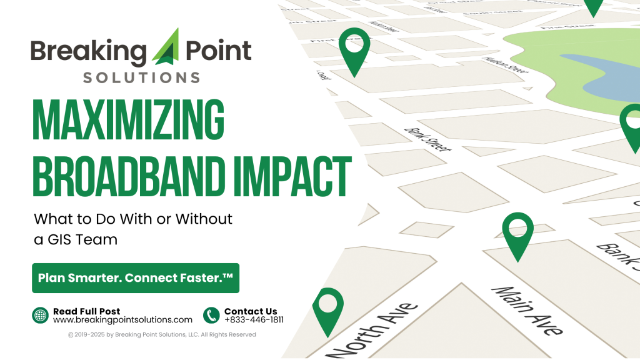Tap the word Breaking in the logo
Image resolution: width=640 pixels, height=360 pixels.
(87, 51)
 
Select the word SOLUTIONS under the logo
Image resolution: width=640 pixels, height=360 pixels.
(141, 77)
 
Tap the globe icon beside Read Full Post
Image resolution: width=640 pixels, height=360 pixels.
(41, 316)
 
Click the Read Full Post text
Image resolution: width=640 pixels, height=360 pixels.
(86, 311)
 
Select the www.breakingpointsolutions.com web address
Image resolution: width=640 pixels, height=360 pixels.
(122, 320)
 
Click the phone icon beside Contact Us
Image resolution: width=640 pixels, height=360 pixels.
(211, 316)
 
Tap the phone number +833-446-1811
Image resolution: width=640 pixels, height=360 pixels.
(254, 320)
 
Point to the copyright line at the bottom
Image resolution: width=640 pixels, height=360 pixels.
(162, 335)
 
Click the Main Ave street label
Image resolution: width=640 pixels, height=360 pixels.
(527, 311)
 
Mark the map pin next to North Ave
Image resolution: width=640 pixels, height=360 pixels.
(327, 308)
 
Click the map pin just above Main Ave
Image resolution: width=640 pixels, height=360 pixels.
(517, 234)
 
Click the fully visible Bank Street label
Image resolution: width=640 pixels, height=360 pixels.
(427, 139)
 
